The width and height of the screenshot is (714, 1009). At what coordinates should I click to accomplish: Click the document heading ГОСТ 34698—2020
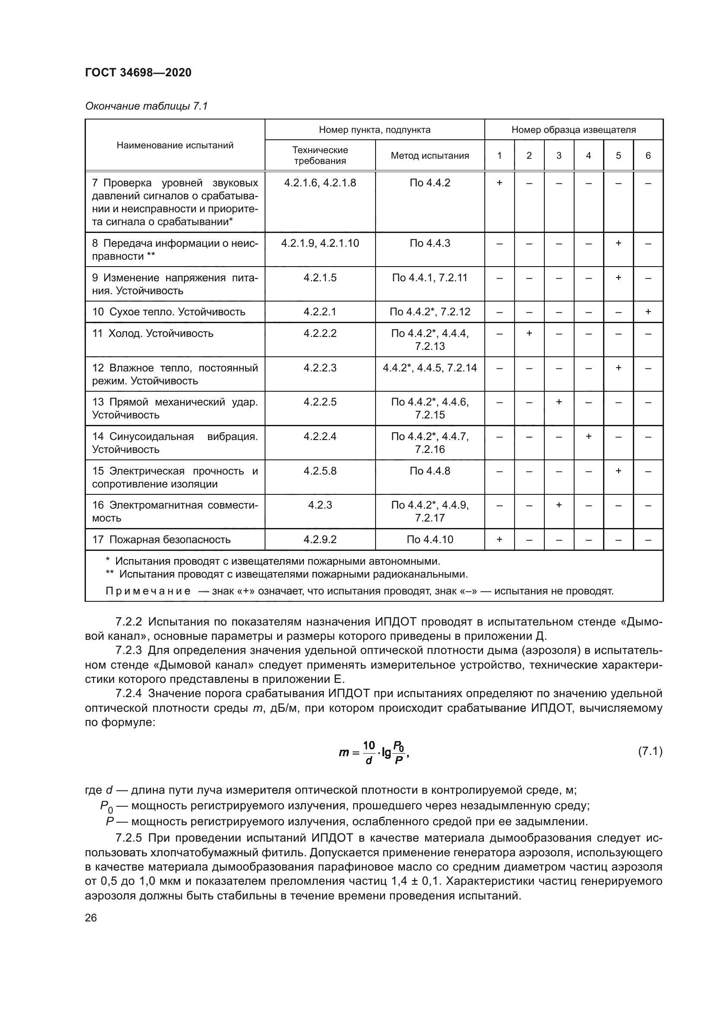tap(138, 72)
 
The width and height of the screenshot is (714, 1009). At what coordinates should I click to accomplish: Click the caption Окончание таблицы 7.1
tap(146, 107)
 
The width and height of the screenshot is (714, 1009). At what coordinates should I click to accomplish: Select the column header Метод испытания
tap(430, 156)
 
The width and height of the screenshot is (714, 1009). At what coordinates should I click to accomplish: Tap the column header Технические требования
tap(319, 156)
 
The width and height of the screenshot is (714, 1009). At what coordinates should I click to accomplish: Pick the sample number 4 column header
tap(588, 156)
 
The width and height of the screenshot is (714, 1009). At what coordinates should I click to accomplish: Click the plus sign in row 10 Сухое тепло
tap(648, 312)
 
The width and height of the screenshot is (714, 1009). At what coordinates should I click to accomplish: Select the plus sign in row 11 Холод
tap(529, 333)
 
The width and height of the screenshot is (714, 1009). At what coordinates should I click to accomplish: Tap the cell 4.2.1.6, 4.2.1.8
tap(319, 183)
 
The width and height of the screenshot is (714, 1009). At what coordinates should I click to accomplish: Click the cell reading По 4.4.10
tap(430, 540)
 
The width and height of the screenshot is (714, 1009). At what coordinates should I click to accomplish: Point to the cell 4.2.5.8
tap(319, 471)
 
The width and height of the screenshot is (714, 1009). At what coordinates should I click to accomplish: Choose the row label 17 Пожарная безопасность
tap(161, 540)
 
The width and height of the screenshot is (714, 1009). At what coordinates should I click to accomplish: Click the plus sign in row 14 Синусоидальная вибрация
tap(588, 437)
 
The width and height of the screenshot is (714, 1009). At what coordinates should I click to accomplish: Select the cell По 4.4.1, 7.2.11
tap(430, 278)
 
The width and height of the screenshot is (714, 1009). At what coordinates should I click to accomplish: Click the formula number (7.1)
tap(650, 751)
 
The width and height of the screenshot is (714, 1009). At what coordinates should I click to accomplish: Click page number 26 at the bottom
tap(91, 918)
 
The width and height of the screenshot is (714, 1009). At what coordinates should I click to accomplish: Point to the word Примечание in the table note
tap(148, 591)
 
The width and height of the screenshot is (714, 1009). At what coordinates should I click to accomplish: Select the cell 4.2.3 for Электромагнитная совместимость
tap(319, 506)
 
